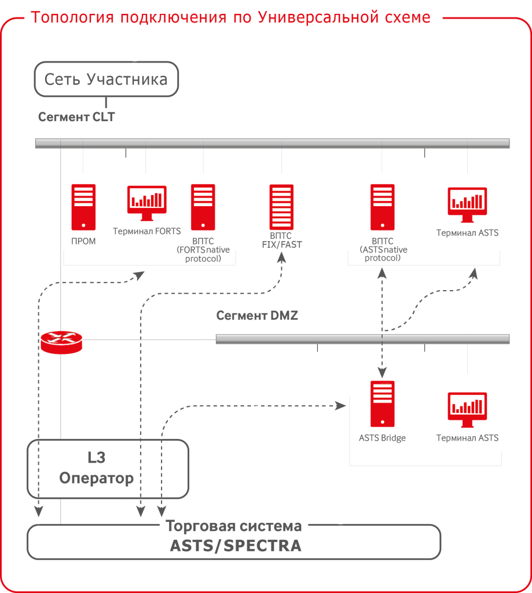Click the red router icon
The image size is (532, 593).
point(61,342)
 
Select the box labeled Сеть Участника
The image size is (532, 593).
point(106,79)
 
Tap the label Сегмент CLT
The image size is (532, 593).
point(76,117)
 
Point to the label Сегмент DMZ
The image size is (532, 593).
point(257,316)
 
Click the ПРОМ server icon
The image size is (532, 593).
point(83,207)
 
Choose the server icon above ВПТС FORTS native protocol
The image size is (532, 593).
point(203,207)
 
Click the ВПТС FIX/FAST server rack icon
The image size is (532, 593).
point(282,207)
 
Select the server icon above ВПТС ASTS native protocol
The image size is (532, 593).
point(383,207)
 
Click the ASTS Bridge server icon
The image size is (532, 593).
point(382,404)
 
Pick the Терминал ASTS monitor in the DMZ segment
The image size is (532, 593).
point(467,409)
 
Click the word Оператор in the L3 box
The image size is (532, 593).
point(97,479)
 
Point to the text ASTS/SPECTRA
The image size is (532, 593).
point(235,546)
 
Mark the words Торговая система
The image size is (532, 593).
point(234,526)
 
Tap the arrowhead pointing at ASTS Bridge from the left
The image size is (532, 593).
point(340,406)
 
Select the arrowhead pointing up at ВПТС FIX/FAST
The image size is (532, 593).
point(282,257)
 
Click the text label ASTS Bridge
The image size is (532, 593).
point(382,438)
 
